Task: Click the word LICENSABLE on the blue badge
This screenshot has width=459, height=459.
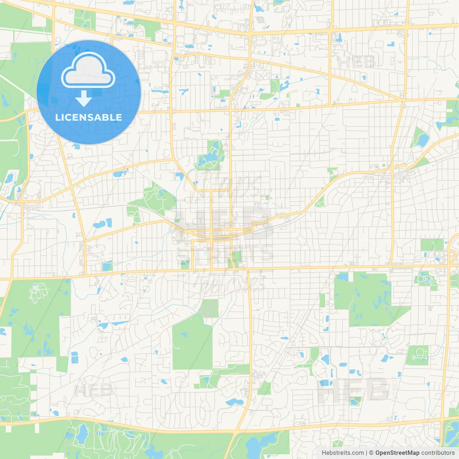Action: pyautogui.click(x=89, y=117)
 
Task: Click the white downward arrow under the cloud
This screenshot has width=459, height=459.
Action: pyautogui.click(x=84, y=99)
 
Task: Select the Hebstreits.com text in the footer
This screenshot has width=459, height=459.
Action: pyautogui.click(x=342, y=453)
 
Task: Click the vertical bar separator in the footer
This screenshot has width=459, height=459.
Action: pyautogui.click(x=366, y=453)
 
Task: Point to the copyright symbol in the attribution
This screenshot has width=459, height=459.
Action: pyautogui.click(x=372, y=453)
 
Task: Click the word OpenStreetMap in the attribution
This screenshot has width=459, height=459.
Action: pyautogui.click(x=397, y=453)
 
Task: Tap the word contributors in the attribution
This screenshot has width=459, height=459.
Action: pyautogui.click(x=438, y=453)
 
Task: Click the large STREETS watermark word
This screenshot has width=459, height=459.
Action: pyautogui.click(x=225, y=254)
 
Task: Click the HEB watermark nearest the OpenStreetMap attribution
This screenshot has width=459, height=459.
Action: pyautogui.click(x=353, y=389)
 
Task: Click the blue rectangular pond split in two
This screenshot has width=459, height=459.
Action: pyautogui.click(x=74, y=358)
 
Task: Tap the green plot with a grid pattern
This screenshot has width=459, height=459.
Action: pyautogui.click(x=209, y=308)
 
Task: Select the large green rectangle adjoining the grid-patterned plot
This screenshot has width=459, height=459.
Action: pyautogui.click(x=192, y=344)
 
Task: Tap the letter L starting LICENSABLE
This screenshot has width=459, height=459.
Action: pyautogui.click(x=57, y=117)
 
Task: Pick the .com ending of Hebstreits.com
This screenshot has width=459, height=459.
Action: pyautogui.click(x=357, y=453)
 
